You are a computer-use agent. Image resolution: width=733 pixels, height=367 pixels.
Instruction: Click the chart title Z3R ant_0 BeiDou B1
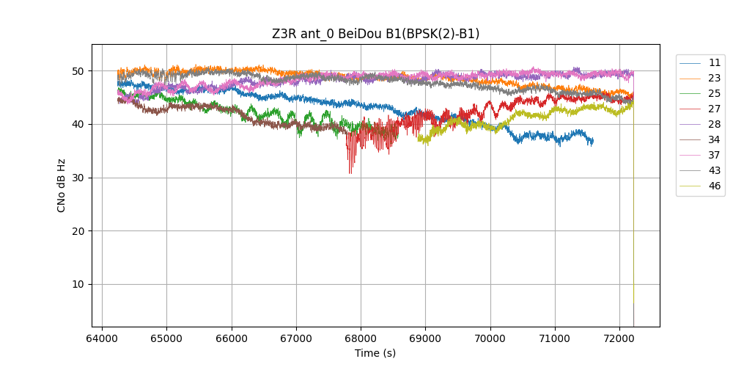click(x=375, y=34)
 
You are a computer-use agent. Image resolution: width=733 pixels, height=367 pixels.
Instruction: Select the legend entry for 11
click(x=714, y=62)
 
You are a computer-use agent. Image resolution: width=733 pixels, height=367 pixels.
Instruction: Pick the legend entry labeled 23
click(x=714, y=78)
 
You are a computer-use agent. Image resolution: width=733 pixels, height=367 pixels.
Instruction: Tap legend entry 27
click(x=714, y=109)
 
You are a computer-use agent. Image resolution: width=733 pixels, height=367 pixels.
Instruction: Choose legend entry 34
click(x=714, y=139)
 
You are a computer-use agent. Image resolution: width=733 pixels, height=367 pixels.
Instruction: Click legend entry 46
click(x=714, y=186)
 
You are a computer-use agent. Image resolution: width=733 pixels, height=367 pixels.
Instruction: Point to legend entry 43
click(x=714, y=170)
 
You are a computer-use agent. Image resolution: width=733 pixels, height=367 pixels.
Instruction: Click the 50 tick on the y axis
click(x=78, y=71)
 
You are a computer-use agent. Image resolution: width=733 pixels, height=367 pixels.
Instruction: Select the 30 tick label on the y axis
click(x=78, y=178)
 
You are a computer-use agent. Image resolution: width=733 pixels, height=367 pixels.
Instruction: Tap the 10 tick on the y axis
click(x=78, y=284)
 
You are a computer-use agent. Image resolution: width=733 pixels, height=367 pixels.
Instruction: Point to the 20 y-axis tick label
click(x=78, y=230)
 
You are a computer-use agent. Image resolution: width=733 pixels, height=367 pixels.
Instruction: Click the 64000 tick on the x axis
click(x=102, y=338)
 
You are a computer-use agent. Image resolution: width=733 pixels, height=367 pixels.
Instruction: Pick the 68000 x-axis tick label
click(x=361, y=338)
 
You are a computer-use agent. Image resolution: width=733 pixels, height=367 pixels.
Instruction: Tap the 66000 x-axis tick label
click(x=232, y=338)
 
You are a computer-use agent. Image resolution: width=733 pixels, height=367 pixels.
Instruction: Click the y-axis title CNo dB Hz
click(x=62, y=185)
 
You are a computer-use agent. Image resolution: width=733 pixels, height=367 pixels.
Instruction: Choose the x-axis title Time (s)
click(x=375, y=353)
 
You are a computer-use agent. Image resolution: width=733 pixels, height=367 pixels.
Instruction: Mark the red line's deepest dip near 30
click(x=350, y=173)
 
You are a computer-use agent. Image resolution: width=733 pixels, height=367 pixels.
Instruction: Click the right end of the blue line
click(x=593, y=141)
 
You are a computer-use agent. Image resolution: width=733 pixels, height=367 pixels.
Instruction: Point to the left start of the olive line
click(x=419, y=138)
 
